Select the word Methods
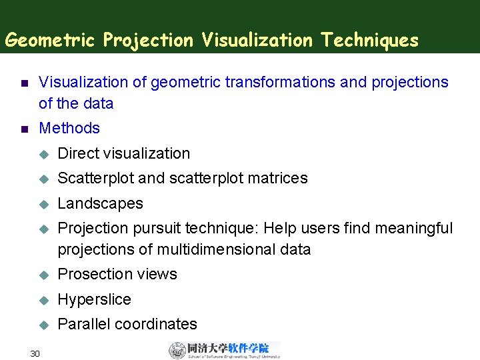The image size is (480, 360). point(69,128)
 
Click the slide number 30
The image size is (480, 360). point(35,353)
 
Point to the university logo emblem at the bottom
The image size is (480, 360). point(177,350)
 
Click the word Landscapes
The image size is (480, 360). point(101,203)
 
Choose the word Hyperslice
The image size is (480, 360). point(95,299)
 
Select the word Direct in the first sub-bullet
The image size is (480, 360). point(78,153)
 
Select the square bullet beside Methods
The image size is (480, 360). point(23,129)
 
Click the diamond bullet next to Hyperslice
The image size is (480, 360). point(44,300)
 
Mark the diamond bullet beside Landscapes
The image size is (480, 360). point(44,204)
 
